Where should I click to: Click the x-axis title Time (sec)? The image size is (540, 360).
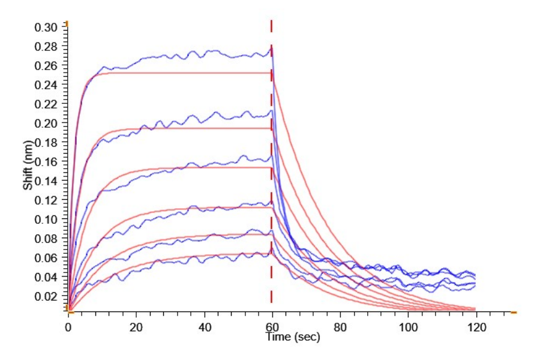pyautogui.click(x=293, y=337)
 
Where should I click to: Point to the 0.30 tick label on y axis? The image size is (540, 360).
pyautogui.click(x=46, y=27)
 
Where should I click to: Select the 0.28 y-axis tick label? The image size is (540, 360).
pyautogui.click(x=46, y=47)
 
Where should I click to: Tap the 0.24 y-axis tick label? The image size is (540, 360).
pyautogui.click(x=46, y=85)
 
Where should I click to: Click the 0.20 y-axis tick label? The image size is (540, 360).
pyautogui.click(x=46, y=124)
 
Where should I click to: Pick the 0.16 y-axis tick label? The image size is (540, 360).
pyautogui.click(x=46, y=162)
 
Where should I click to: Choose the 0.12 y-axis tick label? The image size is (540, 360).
pyautogui.click(x=46, y=200)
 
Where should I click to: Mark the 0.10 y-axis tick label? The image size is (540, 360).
pyautogui.click(x=46, y=220)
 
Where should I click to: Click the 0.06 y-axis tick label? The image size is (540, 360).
pyautogui.click(x=46, y=258)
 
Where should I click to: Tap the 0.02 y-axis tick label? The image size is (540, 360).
pyautogui.click(x=46, y=296)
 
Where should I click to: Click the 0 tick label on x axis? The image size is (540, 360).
pyautogui.click(x=68, y=327)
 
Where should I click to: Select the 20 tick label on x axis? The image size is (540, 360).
pyautogui.click(x=136, y=327)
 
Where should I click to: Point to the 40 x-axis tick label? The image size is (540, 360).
pyautogui.click(x=204, y=327)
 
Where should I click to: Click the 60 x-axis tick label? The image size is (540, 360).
pyautogui.click(x=272, y=327)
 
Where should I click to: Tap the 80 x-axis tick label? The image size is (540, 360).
pyautogui.click(x=340, y=327)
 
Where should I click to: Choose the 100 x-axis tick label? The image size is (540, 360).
pyautogui.click(x=408, y=327)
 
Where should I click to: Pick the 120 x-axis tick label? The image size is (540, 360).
pyautogui.click(x=476, y=327)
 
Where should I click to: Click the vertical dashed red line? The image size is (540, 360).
pyautogui.click(x=271, y=180)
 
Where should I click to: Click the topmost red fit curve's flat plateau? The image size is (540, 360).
pyautogui.click(x=180, y=73)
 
